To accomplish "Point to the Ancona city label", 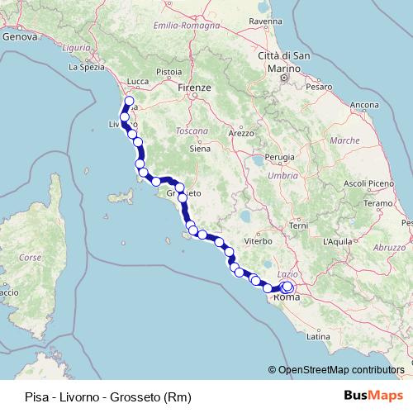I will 364,105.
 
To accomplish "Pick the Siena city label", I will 201,150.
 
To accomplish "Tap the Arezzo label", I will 242,132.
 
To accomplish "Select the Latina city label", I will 318,337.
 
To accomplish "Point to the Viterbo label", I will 257,241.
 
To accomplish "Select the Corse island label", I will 30,258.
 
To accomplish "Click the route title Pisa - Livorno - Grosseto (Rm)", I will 102,396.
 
